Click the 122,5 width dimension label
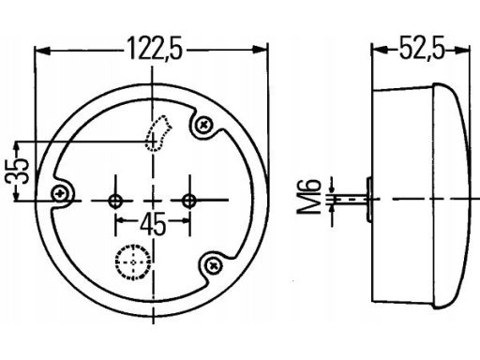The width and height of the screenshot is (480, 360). pos(155,49)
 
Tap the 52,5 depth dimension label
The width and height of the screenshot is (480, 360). pos(422,49)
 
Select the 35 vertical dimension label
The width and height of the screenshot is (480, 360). pos(17,172)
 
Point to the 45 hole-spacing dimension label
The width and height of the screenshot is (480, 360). pos(153,224)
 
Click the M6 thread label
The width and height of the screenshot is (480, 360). pos(308,197)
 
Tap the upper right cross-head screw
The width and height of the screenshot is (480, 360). pos(203,125)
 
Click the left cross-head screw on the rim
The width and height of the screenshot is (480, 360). pos(59,194)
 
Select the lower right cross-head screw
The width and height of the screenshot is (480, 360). pos(214,265)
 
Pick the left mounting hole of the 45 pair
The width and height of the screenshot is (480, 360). pos(115,201)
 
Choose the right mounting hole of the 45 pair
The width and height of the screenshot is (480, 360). pos(189,201)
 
